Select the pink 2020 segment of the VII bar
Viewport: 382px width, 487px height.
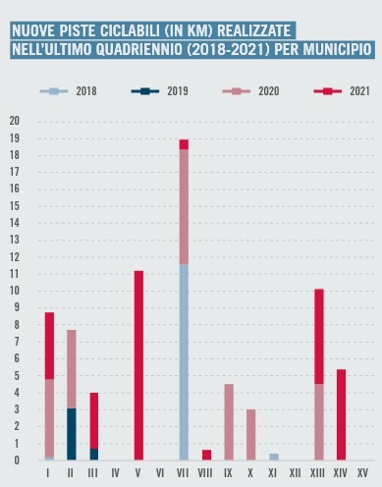(184, 206)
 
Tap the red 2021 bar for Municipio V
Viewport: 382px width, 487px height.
(138, 365)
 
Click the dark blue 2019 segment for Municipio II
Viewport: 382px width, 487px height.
(72, 434)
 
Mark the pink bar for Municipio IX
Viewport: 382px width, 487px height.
(229, 422)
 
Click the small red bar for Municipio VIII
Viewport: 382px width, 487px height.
(206, 455)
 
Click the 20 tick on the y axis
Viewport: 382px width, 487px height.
(14, 121)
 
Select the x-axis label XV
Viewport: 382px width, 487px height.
(362, 473)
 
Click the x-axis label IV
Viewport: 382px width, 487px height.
(116, 473)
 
